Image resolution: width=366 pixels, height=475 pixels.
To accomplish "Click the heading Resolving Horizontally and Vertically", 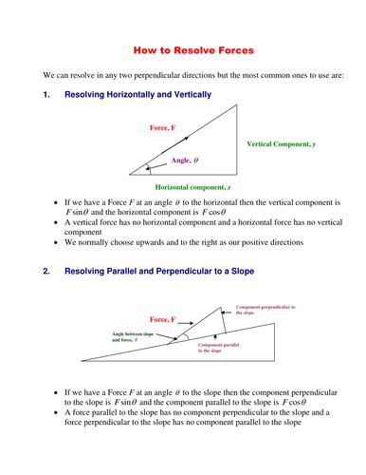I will click(137, 96).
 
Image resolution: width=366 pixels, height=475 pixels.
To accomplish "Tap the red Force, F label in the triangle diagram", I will click(169, 127).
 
